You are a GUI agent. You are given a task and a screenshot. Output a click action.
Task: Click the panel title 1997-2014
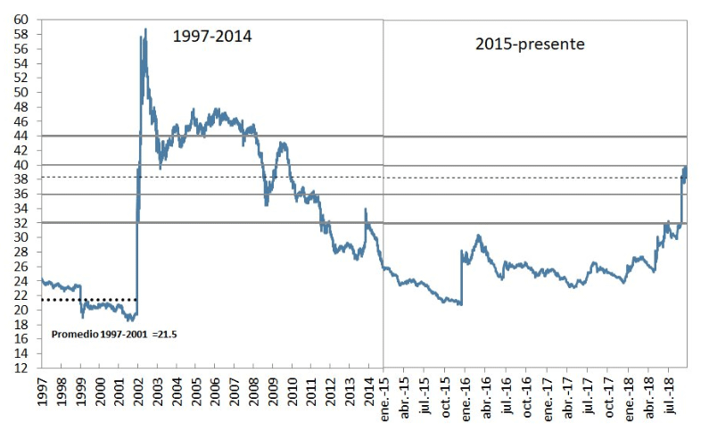click(x=211, y=37)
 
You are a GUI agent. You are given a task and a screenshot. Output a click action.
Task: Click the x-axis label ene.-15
click(x=385, y=398)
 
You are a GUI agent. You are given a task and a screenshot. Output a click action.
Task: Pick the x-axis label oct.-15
click(x=447, y=398)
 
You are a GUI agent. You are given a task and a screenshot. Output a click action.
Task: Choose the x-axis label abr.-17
click(x=567, y=398)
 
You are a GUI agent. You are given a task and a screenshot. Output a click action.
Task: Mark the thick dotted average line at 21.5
click(x=89, y=299)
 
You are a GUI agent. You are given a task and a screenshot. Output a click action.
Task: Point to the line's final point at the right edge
click(x=686, y=168)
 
